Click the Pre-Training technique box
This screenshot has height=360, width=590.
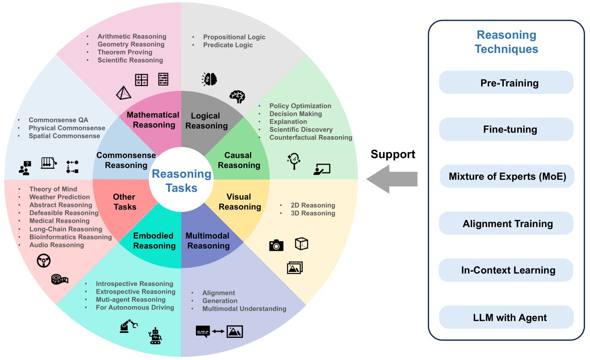pyautogui.click(x=506, y=82)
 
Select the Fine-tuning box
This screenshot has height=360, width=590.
pyautogui.click(x=506, y=129)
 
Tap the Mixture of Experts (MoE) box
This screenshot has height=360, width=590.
pyautogui.click(x=507, y=176)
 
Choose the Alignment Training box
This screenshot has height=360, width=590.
pyautogui.click(x=506, y=223)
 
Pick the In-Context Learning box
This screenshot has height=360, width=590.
pyautogui.click(x=506, y=270)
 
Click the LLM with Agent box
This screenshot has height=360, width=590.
pyautogui.click(x=506, y=317)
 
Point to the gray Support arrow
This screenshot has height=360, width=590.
pyautogui.click(x=392, y=179)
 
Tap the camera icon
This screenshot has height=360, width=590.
pyautogui.click(x=276, y=245)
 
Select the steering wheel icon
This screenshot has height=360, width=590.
pyautogui.click(x=43, y=261)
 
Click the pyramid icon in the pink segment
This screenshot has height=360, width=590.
pyautogui.click(x=123, y=92)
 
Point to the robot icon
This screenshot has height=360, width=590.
pyautogui.click(x=155, y=336)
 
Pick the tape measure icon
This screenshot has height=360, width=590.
pyautogui.click(x=60, y=280)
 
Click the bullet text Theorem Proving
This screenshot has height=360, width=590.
pyautogui.click(x=125, y=52)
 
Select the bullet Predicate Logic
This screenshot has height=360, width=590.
pyautogui.click(x=228, y=45)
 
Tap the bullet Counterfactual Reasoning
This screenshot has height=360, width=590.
pyautogui.click(x=311, y=137)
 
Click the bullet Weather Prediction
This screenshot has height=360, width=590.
pyautogui.click(x=60, y=197)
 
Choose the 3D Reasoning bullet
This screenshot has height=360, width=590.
pyautogui.click(x=313, y=213)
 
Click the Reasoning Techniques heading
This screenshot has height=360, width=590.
pyautogui.click(x=506, y=42)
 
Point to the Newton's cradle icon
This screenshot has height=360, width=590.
pyautogui.click(x=49, y=163)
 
